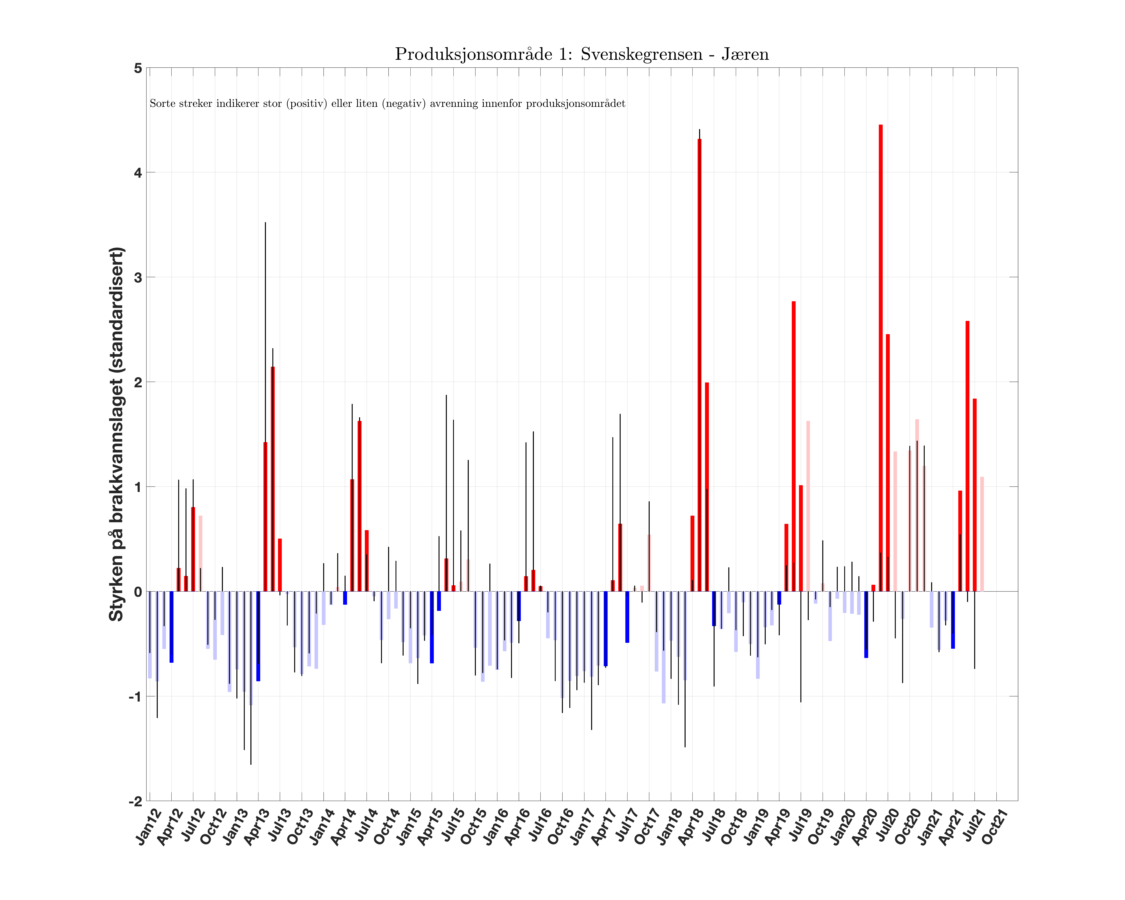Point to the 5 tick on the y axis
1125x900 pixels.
[138, 68]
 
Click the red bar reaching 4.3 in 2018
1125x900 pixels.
[699, 365]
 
